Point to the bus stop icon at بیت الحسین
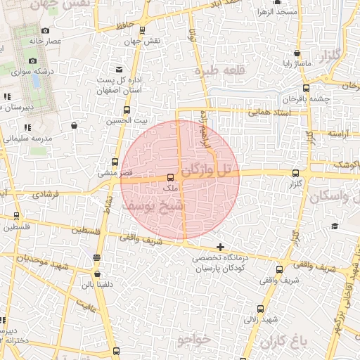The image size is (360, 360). (x=127, y=110)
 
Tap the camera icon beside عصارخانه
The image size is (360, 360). (x=46, y=30)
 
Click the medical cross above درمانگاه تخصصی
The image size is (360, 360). (x=221, y=247)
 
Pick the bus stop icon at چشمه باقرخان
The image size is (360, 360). (x=305, y=88)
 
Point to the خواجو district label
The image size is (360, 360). (x=194, y=340)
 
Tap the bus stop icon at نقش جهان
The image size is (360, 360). (x=143, y=30)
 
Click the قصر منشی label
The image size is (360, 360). (x=112, y=172)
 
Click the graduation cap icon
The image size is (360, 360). (x=335, y=226)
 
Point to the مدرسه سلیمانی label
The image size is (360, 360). (x=26, y=139)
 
